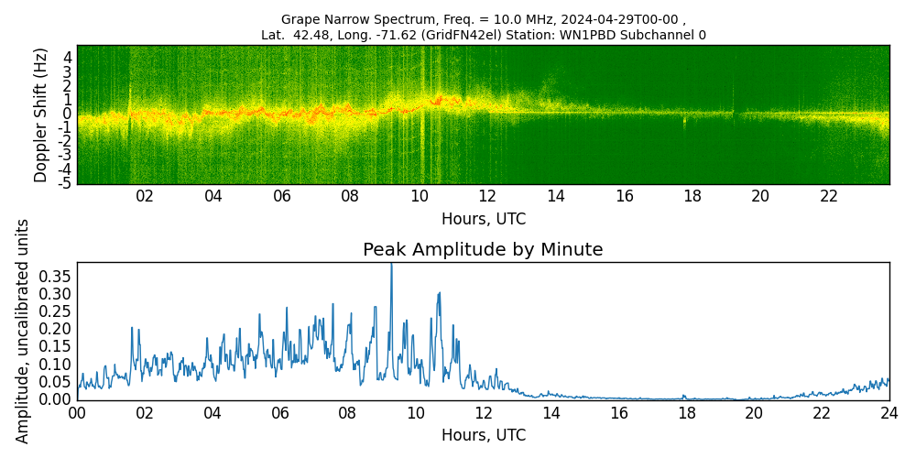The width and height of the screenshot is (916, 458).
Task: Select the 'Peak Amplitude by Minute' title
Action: (x=483, y=250)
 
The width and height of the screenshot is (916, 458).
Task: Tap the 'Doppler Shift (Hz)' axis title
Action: (x=41, y=114)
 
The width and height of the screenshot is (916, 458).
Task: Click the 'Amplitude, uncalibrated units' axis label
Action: (x=23, y=331)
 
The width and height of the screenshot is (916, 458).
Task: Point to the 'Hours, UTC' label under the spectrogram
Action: (x=483, y=220)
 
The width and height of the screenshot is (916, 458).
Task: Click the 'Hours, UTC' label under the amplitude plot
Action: (x=483, y=435)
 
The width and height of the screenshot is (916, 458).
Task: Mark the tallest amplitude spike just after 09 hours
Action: (x=391, y=266)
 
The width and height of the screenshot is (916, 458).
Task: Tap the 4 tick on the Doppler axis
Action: (x=67, y=57)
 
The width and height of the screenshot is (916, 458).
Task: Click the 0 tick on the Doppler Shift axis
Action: (x=67, y=114)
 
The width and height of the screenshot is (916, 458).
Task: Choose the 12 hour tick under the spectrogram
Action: (x=487, y=196)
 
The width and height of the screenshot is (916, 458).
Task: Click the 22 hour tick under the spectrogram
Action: (x=829, y=196)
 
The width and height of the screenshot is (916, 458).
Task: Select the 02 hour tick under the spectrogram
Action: (x=145, y=196)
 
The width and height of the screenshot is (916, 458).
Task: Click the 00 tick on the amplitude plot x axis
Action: (x=77, y=413)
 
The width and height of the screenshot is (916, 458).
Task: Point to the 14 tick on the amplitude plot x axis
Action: (x=551, y=413)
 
